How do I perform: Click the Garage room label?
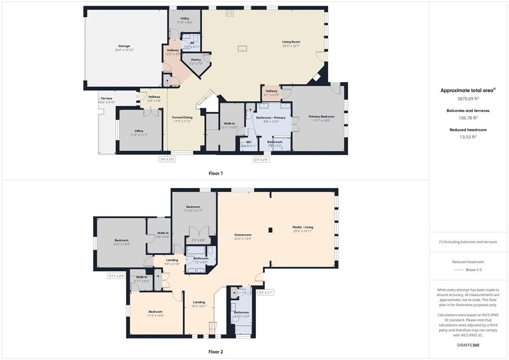coord(124,46)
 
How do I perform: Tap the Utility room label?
coord(185,18)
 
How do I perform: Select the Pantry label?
coord(196,60)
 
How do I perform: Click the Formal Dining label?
coord(182,117)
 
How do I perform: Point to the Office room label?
coord(139,131)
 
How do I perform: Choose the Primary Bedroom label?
coord(321,116)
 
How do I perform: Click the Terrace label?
coord(107,98)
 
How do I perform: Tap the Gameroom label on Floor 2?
coord(243,235)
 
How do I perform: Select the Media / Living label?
coord(303,227)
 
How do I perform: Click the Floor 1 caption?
coord(215,173)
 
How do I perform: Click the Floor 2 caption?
coord(215,352)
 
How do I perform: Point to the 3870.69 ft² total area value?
coord(467,98)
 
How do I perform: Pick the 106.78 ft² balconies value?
coord(467,118)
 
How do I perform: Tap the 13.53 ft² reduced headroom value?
coord(467,137)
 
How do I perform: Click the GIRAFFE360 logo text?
coord(467,345)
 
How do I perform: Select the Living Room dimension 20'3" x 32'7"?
coord(291,46)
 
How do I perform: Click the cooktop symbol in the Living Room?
coord(230,13)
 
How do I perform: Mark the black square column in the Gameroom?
coord(270,230)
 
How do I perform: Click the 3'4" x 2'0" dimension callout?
coord(168,159)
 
